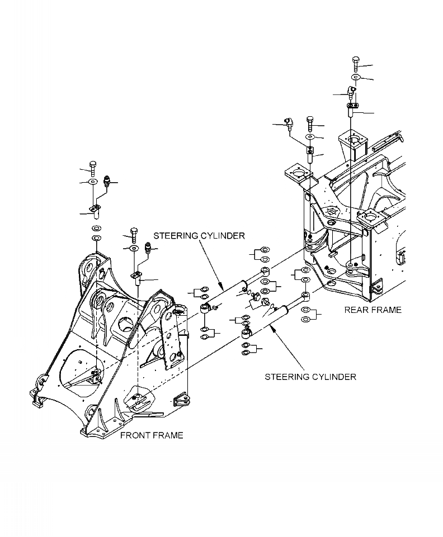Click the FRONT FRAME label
pos(152,435)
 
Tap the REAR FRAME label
pos(373,310)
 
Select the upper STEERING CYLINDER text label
pos(199,236)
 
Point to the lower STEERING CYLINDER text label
pos(310,377)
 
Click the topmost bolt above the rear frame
pos(356,63)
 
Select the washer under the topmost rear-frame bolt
pos(356,76)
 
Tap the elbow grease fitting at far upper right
pos(350,91)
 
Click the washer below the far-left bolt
pos(93,182)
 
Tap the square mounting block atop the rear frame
pos(351,142)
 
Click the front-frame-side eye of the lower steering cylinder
pos(245,334)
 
